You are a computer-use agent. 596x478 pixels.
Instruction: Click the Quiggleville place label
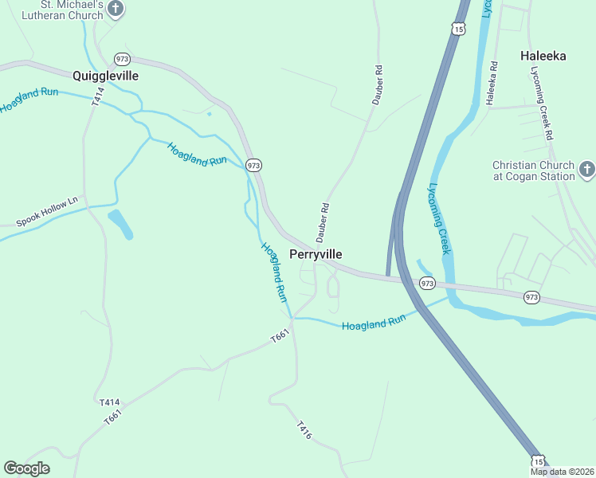click(105, 76)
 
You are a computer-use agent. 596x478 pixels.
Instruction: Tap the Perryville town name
click(316, 254)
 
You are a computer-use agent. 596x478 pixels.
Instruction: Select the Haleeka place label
click(543, 56)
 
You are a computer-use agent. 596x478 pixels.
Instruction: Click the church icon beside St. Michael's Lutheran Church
click(116, 10)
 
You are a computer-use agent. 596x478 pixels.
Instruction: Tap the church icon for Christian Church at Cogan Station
click(586, 169)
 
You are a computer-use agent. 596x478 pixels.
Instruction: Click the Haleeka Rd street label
click(492, 83)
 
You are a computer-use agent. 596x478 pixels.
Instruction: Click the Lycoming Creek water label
click(440, 219)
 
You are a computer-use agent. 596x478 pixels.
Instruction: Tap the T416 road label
click(303, 430)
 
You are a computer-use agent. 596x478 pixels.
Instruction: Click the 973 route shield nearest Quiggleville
click(122, 59)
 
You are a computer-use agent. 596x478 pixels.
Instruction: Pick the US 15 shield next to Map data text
click(538, 461)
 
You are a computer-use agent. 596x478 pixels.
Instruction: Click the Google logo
click(26, 468)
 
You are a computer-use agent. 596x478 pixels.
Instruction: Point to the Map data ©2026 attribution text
click(562, 472)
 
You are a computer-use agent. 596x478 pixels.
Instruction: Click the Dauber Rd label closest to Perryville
click(323, 221)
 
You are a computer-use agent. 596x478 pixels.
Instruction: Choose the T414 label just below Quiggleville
click(98, 97)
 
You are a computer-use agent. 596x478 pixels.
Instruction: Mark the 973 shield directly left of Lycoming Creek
click(427, 284)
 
